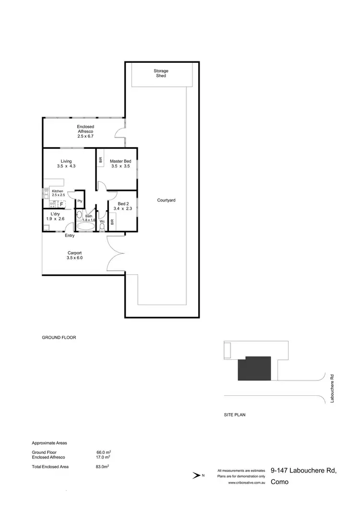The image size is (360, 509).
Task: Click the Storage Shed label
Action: tap(161, 73)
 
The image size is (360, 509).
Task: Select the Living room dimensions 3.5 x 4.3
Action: tap(66, 166)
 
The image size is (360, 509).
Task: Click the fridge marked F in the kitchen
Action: tap(61, 204)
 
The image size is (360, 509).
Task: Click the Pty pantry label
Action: tap(80, 201)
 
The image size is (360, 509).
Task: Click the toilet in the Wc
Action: tap(102, 226)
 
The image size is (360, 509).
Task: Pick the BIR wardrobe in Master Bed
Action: tap(100, 161)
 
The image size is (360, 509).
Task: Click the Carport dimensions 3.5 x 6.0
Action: tap(75, 258)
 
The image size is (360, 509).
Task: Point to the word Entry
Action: tap(70, 236)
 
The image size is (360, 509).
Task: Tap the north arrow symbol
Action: tap(197, 476)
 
